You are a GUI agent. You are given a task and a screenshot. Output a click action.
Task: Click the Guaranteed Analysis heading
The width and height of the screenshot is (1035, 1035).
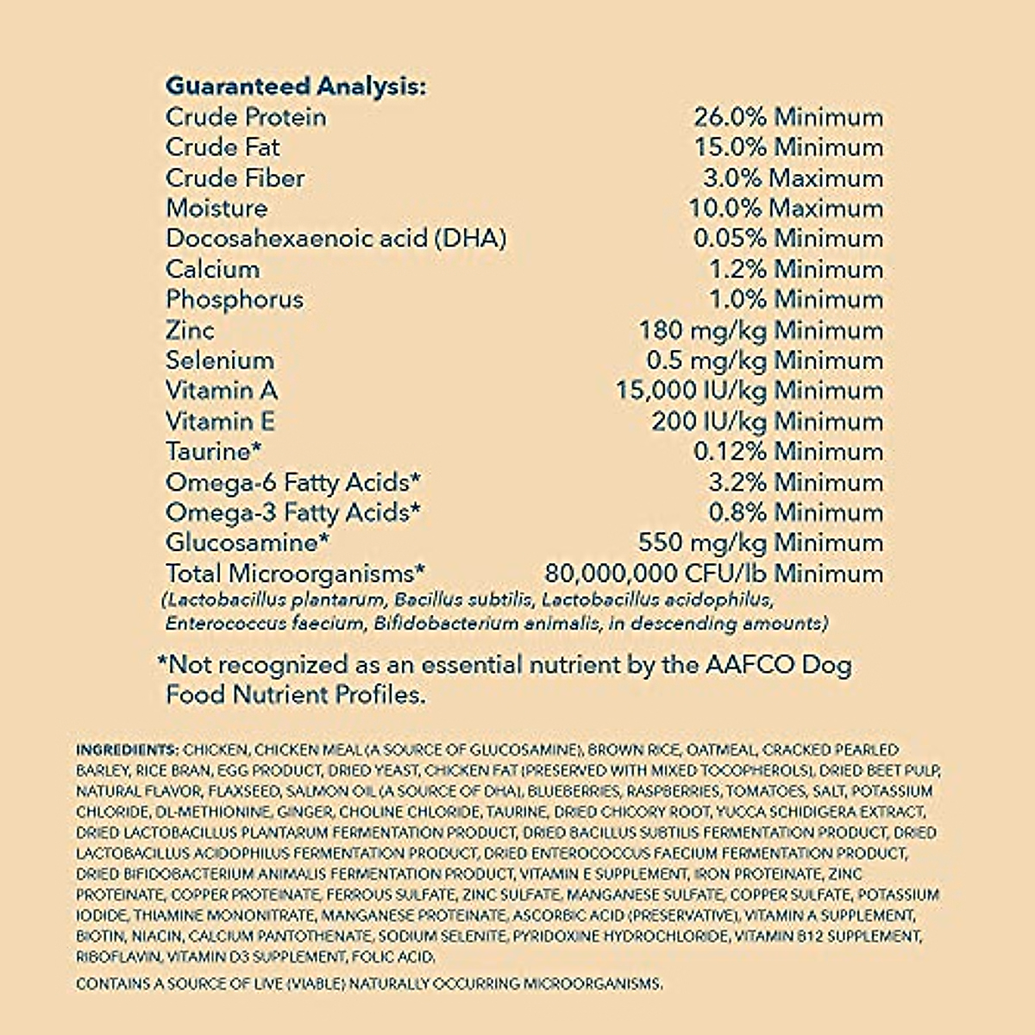(x=295, y=86)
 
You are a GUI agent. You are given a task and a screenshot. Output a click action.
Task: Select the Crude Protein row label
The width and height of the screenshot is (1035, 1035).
(x=246, y=117)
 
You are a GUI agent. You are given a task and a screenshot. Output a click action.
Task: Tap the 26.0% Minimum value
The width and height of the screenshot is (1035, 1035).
(x=788, y=117)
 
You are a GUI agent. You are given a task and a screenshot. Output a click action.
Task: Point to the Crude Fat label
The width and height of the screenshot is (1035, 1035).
(x=223, y=147)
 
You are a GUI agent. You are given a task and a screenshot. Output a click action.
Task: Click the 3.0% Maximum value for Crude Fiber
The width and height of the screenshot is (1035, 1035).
(x=793, y=179)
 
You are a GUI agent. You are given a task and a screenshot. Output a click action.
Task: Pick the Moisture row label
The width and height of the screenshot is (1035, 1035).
(x=216, y=209)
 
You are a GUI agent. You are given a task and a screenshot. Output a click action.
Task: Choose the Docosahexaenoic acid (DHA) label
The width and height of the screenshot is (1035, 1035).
(x=336, y=239)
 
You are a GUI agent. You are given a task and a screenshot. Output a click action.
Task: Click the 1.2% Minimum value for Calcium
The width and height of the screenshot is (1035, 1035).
(x=796, y=269)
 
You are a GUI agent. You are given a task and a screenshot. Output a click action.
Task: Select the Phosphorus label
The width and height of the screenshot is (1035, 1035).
(x=235, y=299)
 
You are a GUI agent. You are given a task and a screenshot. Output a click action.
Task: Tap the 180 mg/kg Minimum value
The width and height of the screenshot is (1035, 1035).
(x=761, y=330)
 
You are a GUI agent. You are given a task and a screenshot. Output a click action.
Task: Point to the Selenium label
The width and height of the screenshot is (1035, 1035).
(x=220, y=361)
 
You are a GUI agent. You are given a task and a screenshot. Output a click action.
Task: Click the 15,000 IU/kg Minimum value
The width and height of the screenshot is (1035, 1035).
(x=750, y=391)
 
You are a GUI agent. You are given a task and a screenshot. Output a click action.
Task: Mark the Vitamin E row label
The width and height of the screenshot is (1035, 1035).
(x=221, y=421)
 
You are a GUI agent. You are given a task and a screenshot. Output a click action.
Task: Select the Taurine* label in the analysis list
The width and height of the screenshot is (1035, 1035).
(x=213, y=451)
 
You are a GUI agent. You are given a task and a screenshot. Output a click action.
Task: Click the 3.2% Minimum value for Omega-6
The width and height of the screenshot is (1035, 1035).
(x=796, y=482)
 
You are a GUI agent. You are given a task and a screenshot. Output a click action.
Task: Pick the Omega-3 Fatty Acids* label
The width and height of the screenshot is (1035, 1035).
(x=293, y=512)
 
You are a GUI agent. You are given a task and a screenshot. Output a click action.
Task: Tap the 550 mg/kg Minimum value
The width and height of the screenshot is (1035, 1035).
(x=761, y=543)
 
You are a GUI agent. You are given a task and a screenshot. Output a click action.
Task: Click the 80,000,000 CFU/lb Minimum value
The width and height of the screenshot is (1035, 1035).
(x=714, y=574)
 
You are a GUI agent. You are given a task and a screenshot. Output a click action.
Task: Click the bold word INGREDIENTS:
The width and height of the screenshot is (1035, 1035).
(x=128, y=750)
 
